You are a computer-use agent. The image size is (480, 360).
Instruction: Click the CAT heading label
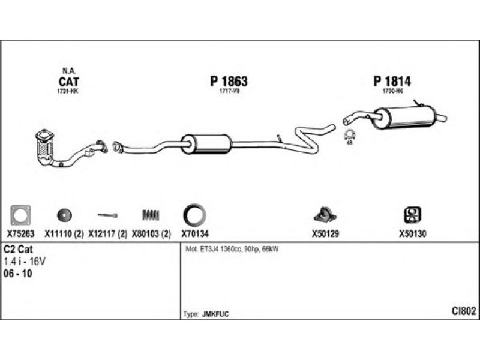point(69,82)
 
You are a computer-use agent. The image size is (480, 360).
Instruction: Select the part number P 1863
point(229,82)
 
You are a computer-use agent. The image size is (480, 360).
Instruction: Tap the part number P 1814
point(392,82)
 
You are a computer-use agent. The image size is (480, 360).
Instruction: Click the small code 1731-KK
point(68,91)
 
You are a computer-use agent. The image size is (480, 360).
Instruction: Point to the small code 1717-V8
point(229,91)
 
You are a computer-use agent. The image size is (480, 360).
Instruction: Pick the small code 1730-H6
point(393,91)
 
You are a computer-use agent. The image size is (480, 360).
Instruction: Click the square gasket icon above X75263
point(20,215)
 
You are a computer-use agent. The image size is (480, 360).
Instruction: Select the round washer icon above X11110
point(64,215)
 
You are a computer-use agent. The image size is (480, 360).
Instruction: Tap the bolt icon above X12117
point(107,215)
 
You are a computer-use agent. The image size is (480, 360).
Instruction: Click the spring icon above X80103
point(151,215)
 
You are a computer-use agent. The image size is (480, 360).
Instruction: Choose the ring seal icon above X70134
point(194,215)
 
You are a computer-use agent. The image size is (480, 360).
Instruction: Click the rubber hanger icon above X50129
point(325,215)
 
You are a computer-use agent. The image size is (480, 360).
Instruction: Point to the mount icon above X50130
point(412,215)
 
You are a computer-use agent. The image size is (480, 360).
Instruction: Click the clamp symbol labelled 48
point(349,134)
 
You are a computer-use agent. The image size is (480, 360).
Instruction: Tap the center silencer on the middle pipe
point(206,144)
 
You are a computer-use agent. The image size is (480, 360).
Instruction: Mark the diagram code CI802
point(464,311)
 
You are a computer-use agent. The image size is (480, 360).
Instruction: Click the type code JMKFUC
point(215,314)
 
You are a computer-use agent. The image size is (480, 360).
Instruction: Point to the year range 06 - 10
point(18,274)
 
